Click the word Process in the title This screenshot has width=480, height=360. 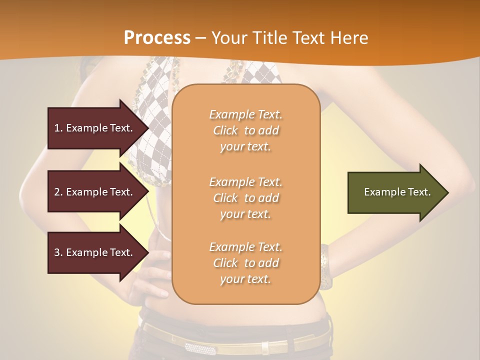(157, 38)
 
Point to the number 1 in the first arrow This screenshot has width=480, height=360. (57, 128)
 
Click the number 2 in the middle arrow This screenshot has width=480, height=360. (57, 192)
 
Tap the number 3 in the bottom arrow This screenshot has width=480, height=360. (57, 252)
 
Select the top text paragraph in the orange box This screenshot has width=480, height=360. (245, 130)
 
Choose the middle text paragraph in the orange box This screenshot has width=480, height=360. (245, 198)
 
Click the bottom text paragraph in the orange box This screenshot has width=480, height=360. (245, 263)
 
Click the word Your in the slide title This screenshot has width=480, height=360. (229, 38)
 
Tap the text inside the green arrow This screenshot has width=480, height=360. (397, 192)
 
